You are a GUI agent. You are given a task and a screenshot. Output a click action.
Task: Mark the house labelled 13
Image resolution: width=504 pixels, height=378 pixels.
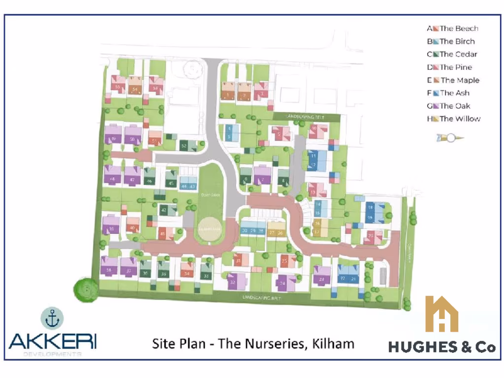tap(313, 190)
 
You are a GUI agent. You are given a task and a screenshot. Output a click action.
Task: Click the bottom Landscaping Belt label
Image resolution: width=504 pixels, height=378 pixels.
tap(261, 298)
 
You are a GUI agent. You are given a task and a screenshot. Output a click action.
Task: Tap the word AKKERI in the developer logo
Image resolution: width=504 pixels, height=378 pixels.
tap(53, 341)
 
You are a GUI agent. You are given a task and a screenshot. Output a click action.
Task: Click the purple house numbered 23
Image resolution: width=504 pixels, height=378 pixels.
tap(321, 278)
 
